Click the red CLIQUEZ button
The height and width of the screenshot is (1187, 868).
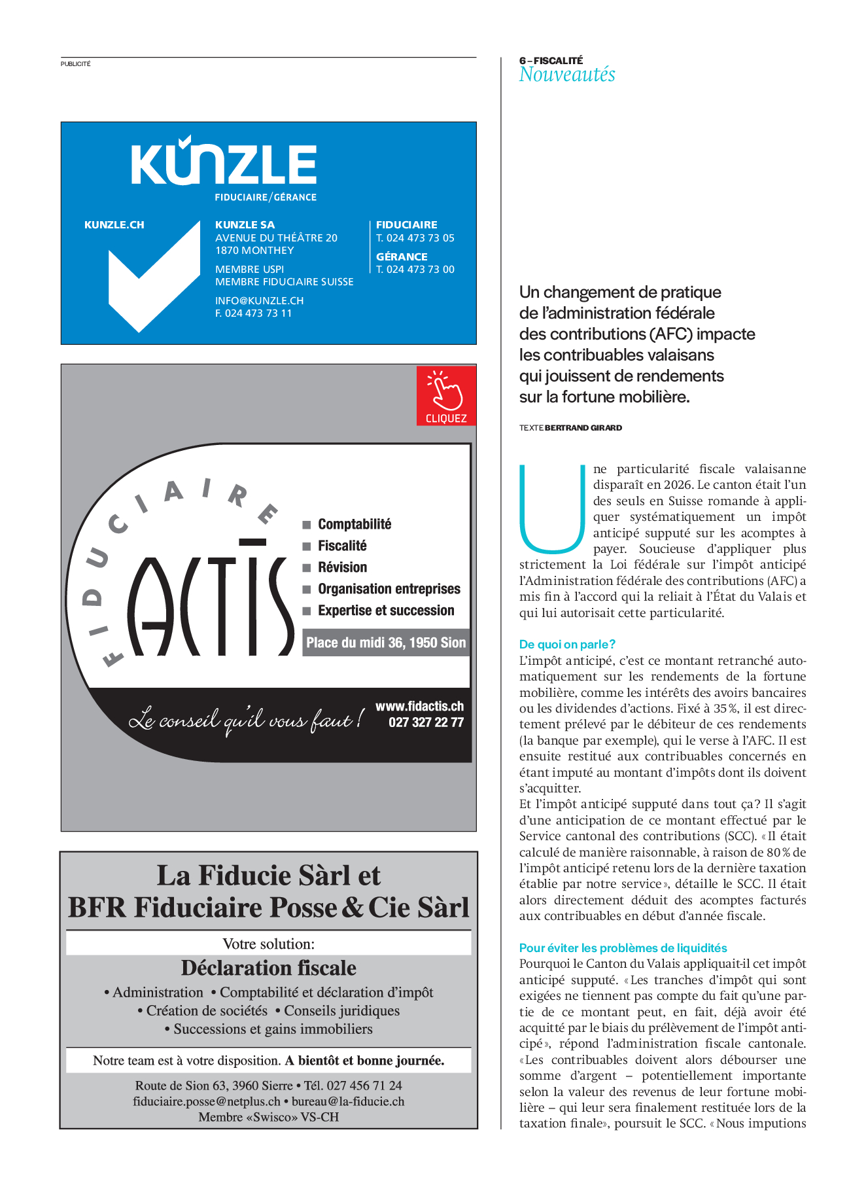coord(446,396)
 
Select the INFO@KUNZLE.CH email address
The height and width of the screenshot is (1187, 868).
coord(259,300)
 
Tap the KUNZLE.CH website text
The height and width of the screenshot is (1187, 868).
coord(114,224)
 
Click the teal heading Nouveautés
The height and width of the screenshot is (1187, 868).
coord(566,75)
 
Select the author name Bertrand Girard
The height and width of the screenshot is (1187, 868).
coord(583,427)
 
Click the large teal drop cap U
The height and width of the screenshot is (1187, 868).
coord(551,508)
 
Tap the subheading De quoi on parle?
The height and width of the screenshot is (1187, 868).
coord(567,644)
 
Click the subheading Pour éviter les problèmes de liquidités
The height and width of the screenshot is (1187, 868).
coord(623,948)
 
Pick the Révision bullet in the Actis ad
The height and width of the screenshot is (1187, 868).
coord(342,567)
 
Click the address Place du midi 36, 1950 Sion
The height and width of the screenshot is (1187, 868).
coord(386,643)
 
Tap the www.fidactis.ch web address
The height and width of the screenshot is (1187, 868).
coord(419,706)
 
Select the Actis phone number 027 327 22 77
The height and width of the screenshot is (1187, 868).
coord(426,722)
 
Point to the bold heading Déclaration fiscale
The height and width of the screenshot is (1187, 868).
coord(268,968)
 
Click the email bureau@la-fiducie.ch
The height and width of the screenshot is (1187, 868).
coord(347,1101)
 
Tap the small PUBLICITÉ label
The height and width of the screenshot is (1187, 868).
coord(76,64)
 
